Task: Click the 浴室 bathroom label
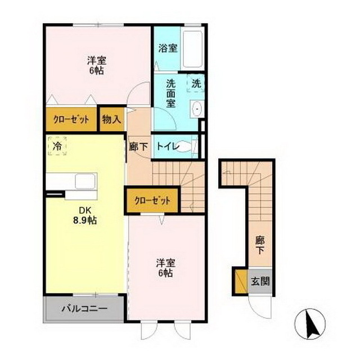(x=168, y=48)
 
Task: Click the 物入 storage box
(x=111, y=119)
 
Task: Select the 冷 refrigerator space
(x=57, y=146)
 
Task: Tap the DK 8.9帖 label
(x=85, y=216)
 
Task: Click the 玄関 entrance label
(x=260, y=280)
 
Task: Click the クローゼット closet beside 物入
(x=71, y=119)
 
